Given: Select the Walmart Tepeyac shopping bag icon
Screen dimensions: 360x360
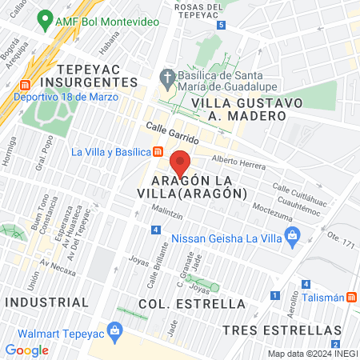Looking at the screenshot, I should point(115,330).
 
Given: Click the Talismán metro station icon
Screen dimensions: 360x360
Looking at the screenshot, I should point(352,297).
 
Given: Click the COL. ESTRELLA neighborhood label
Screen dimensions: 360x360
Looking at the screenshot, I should point(191,304).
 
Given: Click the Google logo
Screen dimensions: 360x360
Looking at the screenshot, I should point(26,350).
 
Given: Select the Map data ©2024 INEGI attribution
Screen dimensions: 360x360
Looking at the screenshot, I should point(311,354).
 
